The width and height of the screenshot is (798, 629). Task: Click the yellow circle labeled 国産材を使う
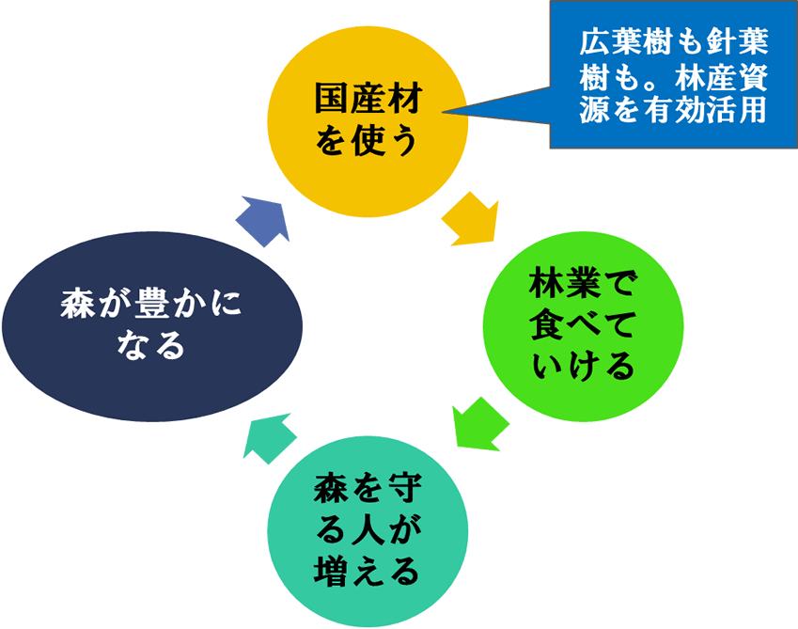[368, 120]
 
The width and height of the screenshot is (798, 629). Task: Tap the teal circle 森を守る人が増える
[368, 531]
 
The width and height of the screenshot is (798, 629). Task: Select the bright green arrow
[479, 423]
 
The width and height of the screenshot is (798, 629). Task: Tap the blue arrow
[261, 219]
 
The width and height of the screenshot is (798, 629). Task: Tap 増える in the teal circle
[368, 570]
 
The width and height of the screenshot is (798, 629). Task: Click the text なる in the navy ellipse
[151, 347]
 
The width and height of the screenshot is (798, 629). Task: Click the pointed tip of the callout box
[444, 113]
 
